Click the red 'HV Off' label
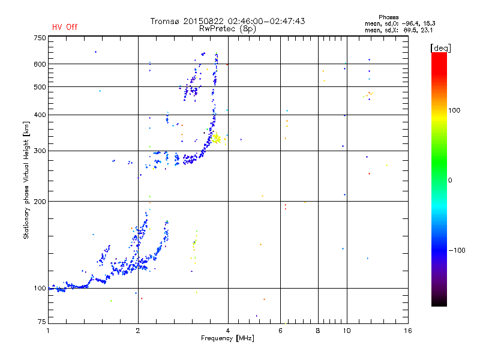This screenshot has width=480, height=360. point(65,27)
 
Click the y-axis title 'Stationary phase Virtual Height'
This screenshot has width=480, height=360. point(26,180)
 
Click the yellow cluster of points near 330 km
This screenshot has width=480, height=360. point(217,139)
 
